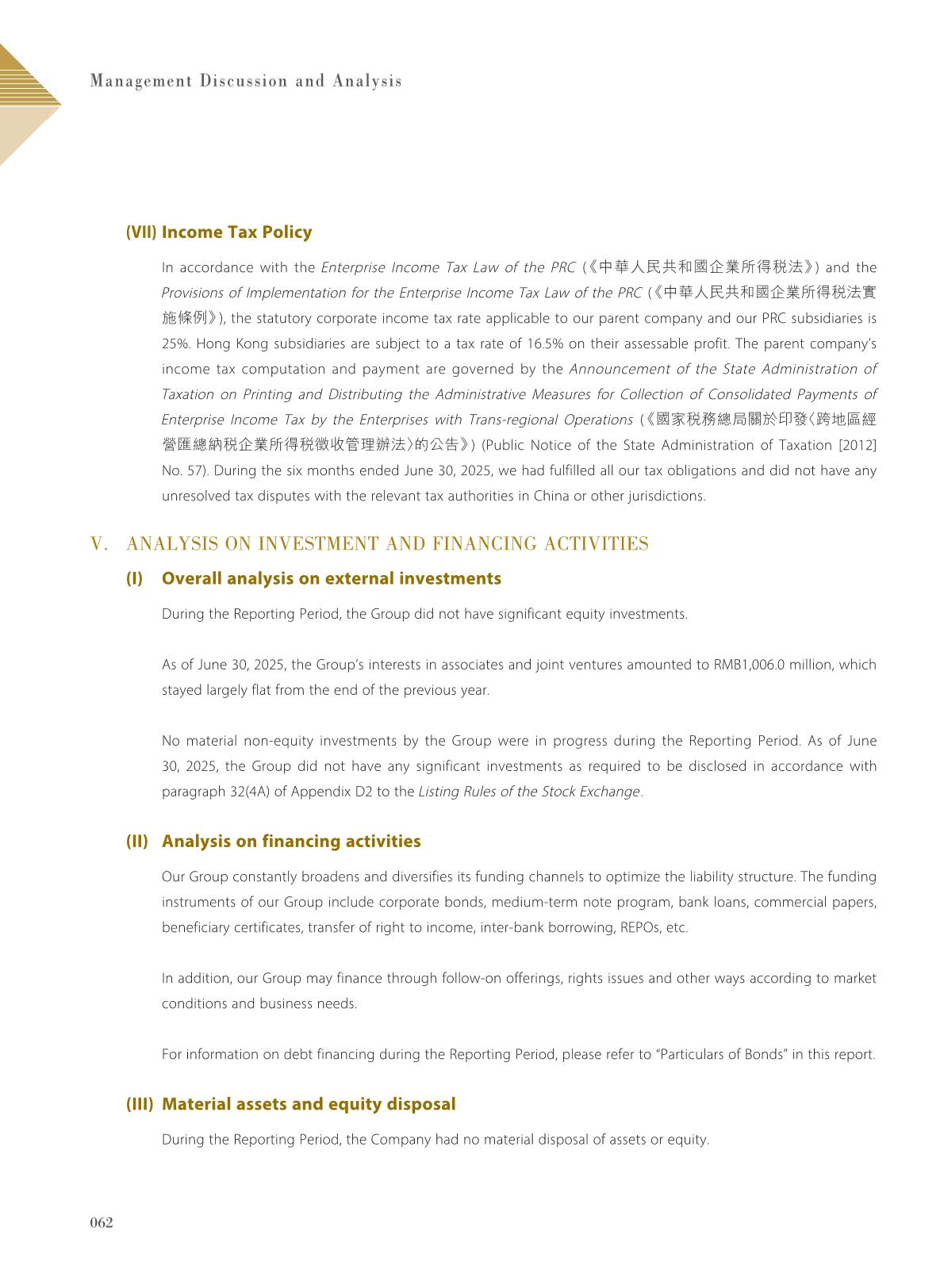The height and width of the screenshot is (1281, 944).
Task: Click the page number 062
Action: click(x=102, y=1222)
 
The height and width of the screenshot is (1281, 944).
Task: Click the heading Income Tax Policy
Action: click(x=236, y=232)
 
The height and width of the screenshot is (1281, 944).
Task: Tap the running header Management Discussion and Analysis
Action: click(x=246, y=81)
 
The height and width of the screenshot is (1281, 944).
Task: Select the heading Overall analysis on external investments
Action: click(x=331, y=578)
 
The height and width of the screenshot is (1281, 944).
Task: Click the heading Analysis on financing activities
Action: click(x=291, y=841)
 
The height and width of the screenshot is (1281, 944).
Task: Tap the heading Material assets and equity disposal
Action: click(x=309, y=1104)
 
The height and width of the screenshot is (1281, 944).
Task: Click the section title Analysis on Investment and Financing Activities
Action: click(x=387, y=543)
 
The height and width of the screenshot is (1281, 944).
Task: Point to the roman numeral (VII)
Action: click(x=142, y=232)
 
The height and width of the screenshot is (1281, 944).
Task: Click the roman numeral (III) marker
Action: click(x=140, y=1104)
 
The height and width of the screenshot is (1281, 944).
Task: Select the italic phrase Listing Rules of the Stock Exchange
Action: click(x=528, y=792)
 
